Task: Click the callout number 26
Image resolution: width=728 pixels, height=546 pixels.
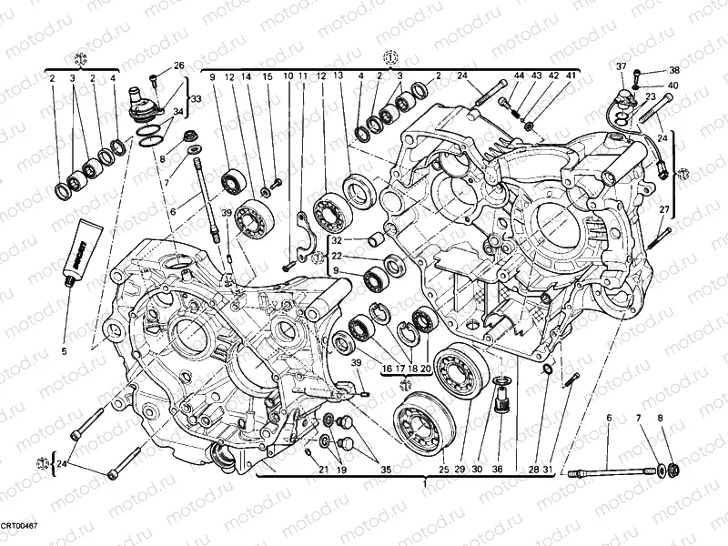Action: click(179, 66)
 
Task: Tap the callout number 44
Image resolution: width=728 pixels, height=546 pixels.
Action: click(519, 76)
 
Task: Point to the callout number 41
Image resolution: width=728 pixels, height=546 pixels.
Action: click(571, 76)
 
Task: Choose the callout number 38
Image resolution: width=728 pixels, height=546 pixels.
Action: click(674, 70)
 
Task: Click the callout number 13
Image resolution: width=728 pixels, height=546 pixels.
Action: click(338, 76)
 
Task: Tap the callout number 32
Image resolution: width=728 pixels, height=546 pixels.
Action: click(311, 240)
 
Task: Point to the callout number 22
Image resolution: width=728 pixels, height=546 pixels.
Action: click(311, 256)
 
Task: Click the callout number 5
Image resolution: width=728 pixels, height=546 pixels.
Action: click(65, 350)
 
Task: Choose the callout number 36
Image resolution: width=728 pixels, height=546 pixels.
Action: click(497, 470)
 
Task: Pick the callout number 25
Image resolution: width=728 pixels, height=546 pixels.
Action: click(444, 470)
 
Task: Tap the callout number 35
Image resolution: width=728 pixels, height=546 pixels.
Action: click(386, 470)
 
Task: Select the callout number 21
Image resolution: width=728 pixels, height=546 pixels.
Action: click(323, 470)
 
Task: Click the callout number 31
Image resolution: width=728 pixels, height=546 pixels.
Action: click(547, 470)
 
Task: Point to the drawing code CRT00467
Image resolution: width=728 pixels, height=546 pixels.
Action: click(19, 527)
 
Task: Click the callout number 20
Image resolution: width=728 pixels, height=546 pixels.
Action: click(424, 369)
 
